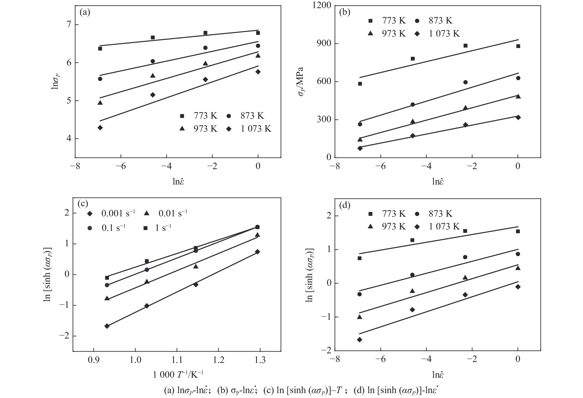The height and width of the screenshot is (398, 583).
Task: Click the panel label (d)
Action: point(345,205)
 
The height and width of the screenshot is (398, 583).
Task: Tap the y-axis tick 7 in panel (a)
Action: point(69,25)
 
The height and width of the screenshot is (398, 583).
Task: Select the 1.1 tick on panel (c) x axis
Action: point(177,360)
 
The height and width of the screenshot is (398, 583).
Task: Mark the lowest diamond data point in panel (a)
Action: point(100,128)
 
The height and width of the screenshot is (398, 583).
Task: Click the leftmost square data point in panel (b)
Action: point(360,84)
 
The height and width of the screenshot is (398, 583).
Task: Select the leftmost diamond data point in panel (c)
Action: point(107,326)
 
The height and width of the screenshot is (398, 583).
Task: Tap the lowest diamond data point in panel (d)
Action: point(360,340)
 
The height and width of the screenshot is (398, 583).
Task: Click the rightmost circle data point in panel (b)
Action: point(518,78)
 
